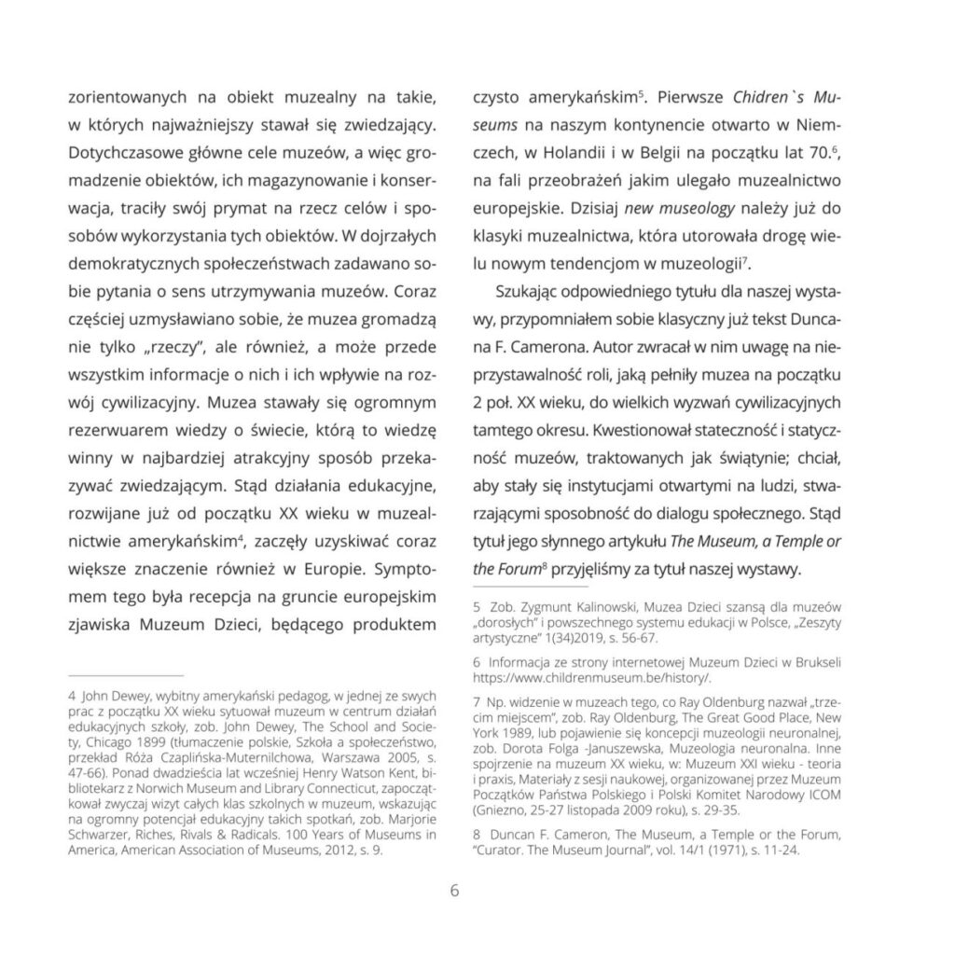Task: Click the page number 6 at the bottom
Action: click(x=454, y=891)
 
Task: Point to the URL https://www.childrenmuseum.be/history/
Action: click(x=593, y=677)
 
